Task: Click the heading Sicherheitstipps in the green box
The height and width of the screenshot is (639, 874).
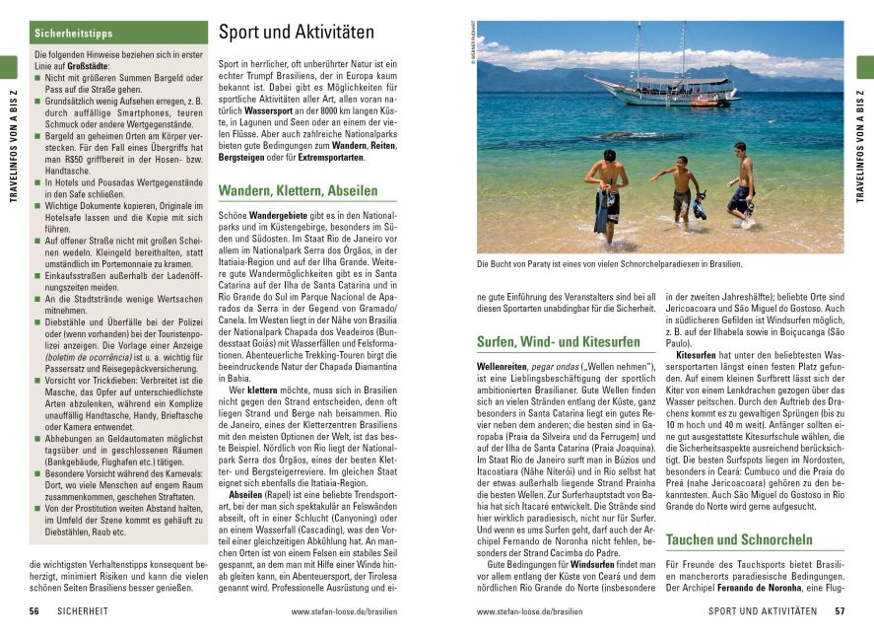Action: click(x=74, y=34)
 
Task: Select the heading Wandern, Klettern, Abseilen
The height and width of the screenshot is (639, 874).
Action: click(x=298, y=190)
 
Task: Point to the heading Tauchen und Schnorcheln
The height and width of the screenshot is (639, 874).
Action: click(x=739, y=539)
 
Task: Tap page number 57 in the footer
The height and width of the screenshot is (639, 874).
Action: click(x=840, y=611)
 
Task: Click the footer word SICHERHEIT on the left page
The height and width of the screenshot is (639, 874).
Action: click(x=91, y=611)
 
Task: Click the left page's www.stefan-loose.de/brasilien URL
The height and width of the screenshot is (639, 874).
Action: click(x=344, y=611)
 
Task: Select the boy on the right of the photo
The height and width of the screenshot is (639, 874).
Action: click(x=741, y=183)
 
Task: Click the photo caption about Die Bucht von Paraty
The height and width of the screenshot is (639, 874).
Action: click(x=609, y=264)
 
